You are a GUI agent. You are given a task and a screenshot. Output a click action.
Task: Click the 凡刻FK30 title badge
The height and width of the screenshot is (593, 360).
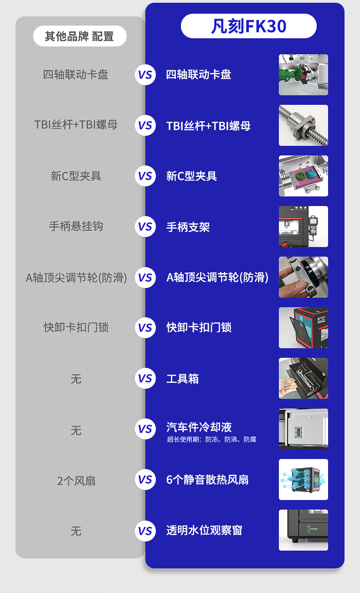[248, 26]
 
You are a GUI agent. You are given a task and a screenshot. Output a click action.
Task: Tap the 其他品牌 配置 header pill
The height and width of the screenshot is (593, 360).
[80, 36]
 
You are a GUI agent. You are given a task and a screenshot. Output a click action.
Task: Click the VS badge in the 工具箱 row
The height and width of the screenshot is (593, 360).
[145, 378]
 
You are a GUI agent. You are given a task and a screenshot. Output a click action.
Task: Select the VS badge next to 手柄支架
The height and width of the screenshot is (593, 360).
[145, 227]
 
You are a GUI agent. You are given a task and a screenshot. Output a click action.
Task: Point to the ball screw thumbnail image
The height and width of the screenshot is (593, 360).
[303, 125]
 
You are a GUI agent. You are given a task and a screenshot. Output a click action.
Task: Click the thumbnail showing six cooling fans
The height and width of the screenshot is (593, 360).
[303, 480]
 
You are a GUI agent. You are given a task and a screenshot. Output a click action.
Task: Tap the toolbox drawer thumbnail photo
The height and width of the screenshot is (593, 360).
[303, 378]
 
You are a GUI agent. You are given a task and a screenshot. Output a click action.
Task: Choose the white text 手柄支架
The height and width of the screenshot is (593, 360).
[188, 227]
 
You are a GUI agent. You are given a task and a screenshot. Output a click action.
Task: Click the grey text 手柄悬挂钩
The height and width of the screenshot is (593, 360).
[76, 227]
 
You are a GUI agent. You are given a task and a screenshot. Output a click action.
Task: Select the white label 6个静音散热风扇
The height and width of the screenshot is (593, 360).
[207, 480]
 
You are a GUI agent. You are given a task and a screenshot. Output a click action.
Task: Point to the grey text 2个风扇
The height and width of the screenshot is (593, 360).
[76, 481]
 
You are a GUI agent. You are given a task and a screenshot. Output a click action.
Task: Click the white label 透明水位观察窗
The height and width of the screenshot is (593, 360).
[204, 530]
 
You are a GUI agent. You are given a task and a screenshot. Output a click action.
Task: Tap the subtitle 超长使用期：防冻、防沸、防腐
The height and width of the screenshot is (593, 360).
[211, 439]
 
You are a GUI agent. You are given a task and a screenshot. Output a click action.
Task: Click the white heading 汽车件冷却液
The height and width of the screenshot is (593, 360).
[199, 427]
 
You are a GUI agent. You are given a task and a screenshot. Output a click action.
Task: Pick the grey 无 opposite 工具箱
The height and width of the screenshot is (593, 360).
[76, 379]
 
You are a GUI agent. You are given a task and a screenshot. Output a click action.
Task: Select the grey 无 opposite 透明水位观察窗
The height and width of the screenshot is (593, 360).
[76, 531]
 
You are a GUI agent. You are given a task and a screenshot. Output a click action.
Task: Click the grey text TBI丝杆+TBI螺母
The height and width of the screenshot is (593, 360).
[76, 125]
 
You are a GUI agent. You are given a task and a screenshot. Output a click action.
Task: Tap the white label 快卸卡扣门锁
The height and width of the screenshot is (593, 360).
[199, 327]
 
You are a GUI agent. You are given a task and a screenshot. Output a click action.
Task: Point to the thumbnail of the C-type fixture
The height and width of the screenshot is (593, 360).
[303, 176]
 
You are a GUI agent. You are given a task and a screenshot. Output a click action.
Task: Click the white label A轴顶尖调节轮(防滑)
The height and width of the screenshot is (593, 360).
[217, 278]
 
